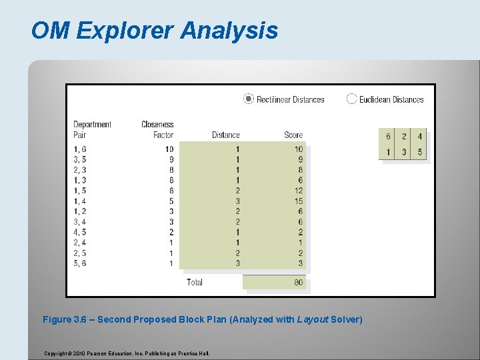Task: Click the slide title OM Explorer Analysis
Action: (x=154, y=31)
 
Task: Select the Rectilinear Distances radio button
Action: (x=249, y=99)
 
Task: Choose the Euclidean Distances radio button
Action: (x=352, y=99)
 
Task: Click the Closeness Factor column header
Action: (x=157, y=129)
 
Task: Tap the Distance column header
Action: (x=225, y=135)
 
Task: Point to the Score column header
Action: (x=293, y=135)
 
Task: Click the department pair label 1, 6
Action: (x=79, y=149)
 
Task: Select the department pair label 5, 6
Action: (x=79, y=263)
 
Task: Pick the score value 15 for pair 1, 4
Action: (x=298, y=201)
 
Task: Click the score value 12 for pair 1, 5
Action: (x=298, y=191)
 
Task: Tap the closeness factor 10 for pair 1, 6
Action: (x=169, y=149)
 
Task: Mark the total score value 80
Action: (x=298, y=282)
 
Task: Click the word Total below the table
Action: (x=195, y=282)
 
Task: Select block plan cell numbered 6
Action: (x=388, y=137)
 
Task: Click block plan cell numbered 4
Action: (x=419, y=137)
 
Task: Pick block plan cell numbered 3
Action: (x=404, y=153)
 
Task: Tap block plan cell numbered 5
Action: (x=419, y=153)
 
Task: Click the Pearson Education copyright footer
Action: (x=127, y=353)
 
